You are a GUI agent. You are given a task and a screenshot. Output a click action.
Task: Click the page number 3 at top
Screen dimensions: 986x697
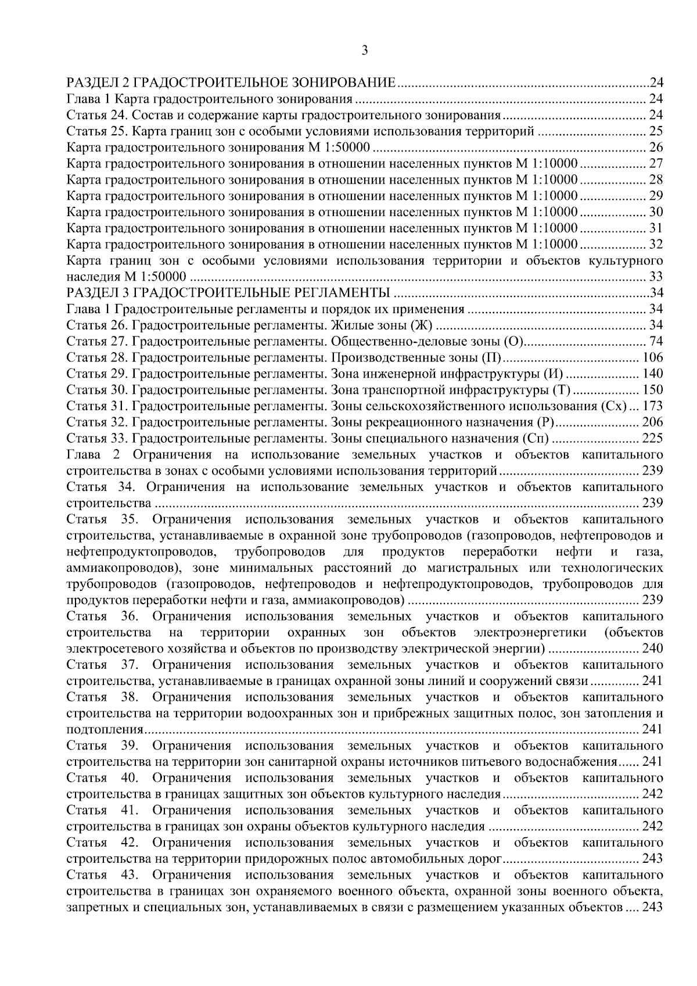[x=364, y=51]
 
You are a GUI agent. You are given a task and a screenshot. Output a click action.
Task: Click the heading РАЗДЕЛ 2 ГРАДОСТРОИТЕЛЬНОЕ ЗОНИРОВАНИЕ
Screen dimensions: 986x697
[x=231, y=82]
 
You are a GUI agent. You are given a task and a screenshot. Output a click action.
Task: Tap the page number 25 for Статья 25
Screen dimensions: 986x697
[x=656, y=131]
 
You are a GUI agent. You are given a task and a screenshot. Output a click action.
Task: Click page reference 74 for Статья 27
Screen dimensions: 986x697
[x=656, y=341]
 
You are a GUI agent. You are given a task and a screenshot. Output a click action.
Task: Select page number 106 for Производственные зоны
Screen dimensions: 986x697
[x=652, y=357]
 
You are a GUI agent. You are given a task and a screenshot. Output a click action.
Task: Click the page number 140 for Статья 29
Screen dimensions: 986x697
[x=652, y=374]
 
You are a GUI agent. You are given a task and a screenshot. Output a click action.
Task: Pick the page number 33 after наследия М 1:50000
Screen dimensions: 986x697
[x=656, y=277]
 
